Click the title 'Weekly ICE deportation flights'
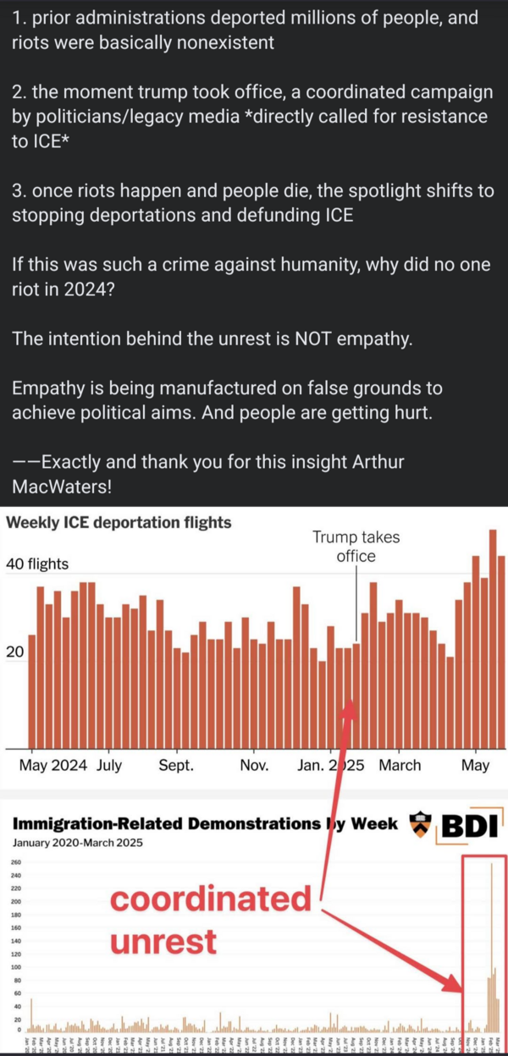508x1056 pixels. click(119, 522)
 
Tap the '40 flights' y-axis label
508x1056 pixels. click(37, 564)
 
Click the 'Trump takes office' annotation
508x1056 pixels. click(356, 547)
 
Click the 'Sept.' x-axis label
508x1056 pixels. click(175, 765)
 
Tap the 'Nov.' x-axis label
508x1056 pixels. click(254, 765)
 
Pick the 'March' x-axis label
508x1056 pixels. click(400, 765)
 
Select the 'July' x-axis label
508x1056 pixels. click(109, 765)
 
